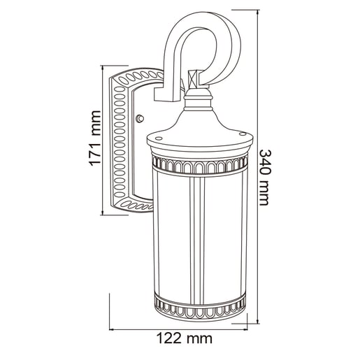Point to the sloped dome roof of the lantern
coord(199,125)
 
